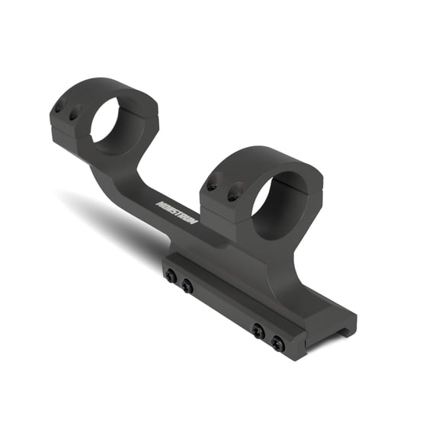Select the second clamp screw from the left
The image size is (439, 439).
pos(187,287)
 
